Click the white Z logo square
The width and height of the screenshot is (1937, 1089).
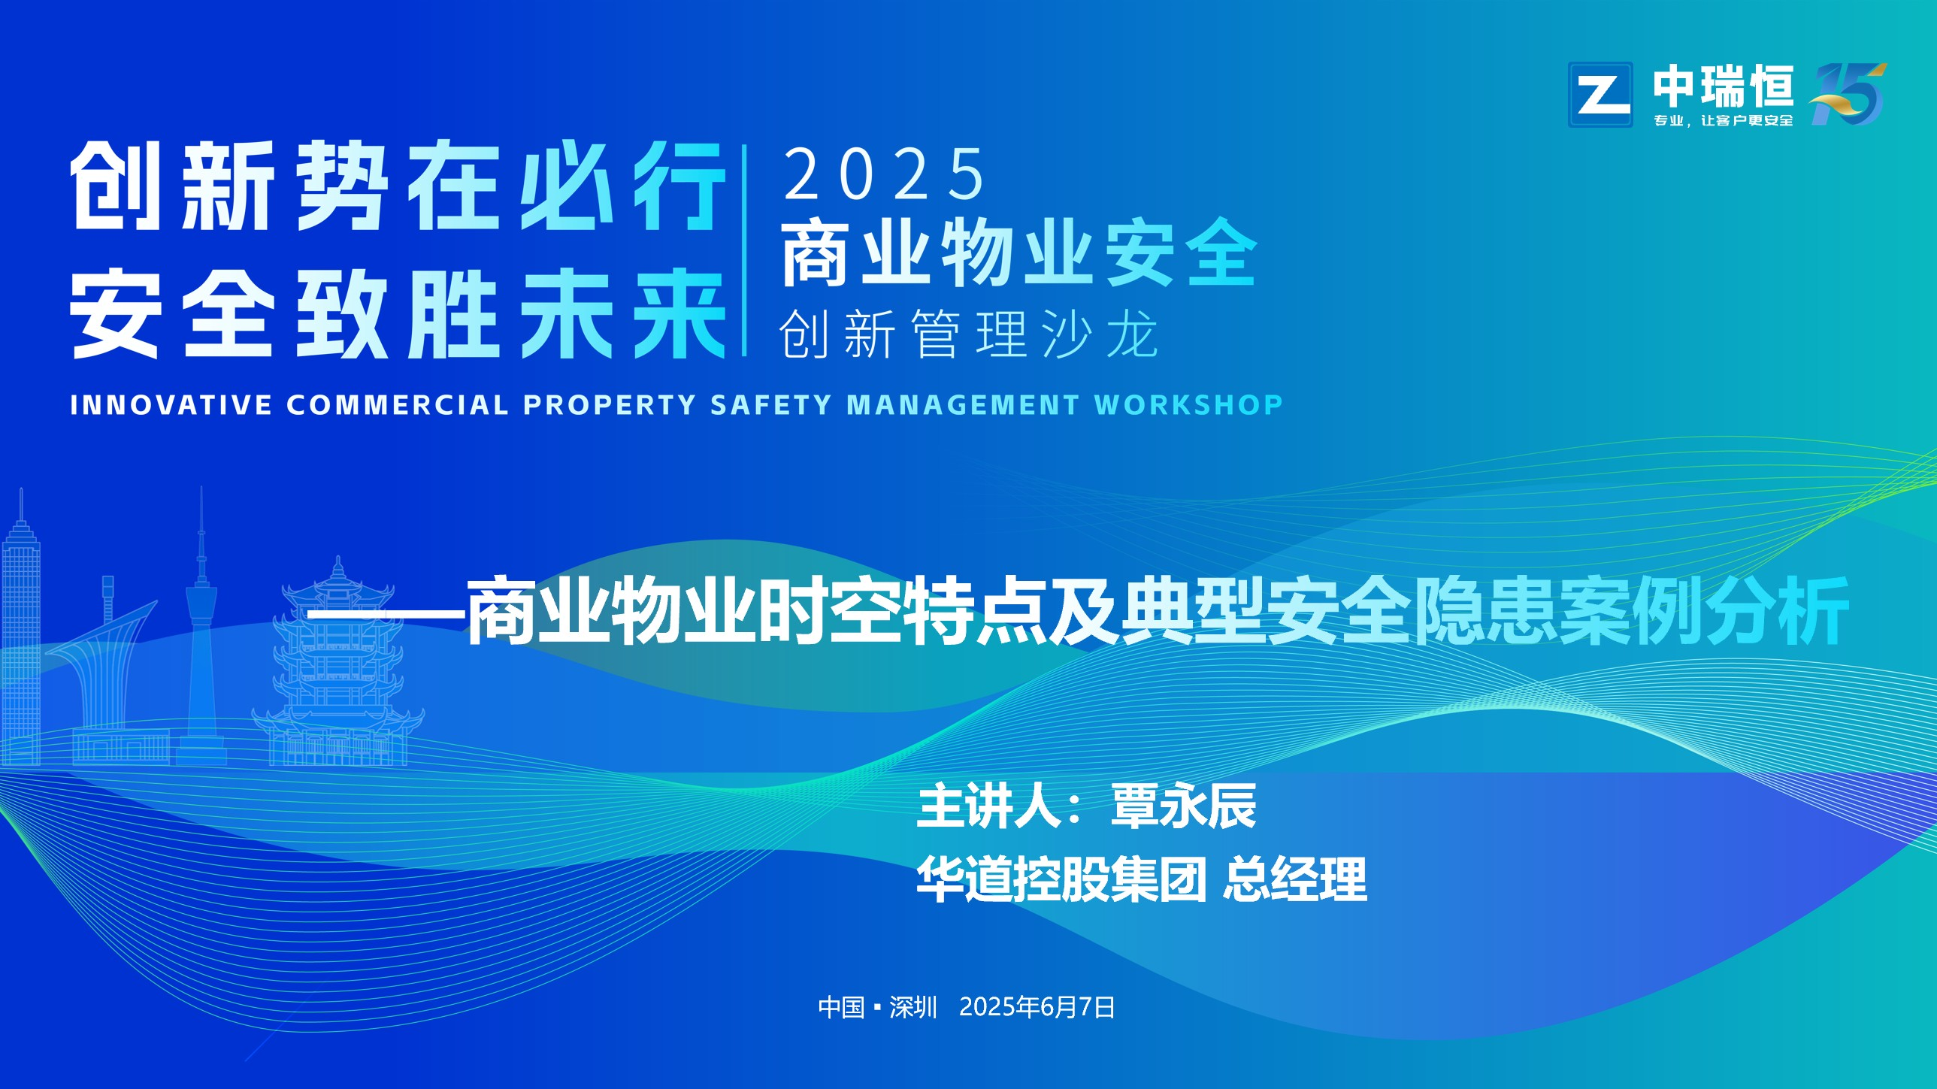[1600, 94]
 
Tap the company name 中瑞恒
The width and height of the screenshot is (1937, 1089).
[1723, 86]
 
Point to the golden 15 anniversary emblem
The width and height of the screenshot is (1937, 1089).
[1848, 94]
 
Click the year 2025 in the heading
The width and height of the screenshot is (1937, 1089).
[884, 174]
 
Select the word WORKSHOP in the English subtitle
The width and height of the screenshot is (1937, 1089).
[1188, 404]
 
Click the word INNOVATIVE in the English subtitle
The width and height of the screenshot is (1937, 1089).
[171, 404]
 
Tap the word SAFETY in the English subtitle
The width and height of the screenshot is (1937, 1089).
[770, 404]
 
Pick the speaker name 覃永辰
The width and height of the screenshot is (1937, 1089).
[1184, 806]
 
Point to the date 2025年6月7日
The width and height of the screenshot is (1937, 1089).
[1037, 1007]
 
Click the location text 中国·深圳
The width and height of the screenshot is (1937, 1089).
[877, 1007]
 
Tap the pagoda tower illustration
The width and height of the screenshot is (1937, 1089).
[338, 662]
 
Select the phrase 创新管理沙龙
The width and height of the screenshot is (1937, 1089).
[968, 334]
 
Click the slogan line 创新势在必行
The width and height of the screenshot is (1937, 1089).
[398, 186]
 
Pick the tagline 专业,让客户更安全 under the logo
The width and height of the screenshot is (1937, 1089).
[1723, 120]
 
